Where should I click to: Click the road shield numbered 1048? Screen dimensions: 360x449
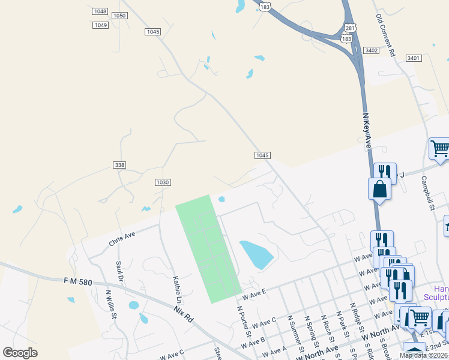point(100,11)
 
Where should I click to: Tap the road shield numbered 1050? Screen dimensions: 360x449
point(119,16)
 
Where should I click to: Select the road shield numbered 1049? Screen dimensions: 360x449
point(101,25)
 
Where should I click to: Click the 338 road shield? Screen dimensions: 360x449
point(119,164)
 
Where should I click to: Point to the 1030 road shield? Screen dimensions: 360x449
point(163,182)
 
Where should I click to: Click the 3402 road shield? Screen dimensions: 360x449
point(371,50)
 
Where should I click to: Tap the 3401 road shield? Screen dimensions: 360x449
point(413,58)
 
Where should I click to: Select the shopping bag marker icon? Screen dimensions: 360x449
point(380,188)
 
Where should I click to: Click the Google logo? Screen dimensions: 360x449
point(20,353)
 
